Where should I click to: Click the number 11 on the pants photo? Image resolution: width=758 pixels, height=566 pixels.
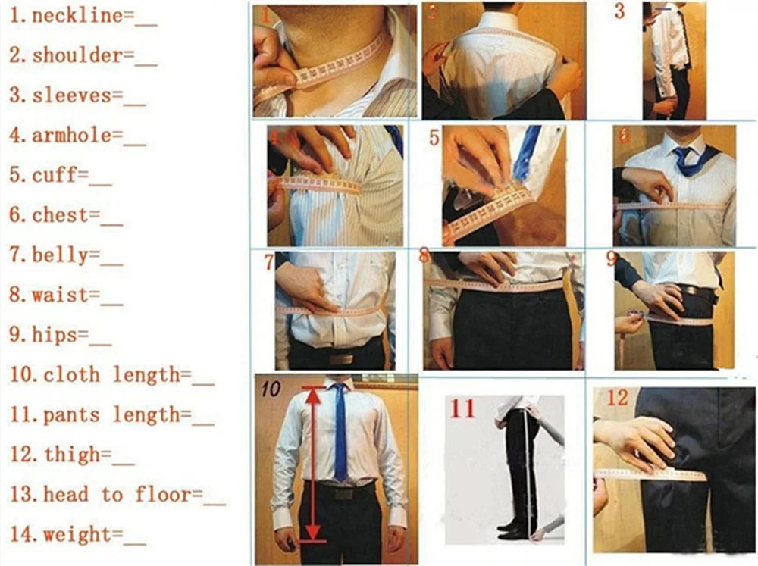[x=462, y=409]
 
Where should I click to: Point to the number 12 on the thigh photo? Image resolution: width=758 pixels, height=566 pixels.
[x=619, y=398]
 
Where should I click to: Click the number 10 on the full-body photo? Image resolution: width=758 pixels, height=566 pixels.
[x=271, y=389]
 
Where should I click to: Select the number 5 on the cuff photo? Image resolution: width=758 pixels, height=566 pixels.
[x=434, y=139]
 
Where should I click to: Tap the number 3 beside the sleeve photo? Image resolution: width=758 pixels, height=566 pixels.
[x=619, y=13]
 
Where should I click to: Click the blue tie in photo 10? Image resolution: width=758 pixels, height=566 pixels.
[x=341, y=432]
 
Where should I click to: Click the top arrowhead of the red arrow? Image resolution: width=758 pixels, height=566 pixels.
[x=312, y=392]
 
